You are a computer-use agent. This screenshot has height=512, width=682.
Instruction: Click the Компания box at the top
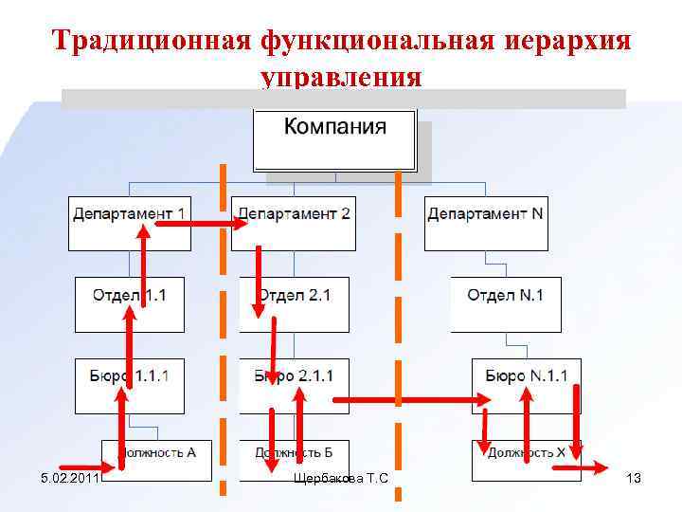[334, 139]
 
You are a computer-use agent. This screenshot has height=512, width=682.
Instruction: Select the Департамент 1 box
[130, 223]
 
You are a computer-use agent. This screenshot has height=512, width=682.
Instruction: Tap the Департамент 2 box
[294, 223]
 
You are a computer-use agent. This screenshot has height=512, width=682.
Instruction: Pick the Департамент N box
[486, 223]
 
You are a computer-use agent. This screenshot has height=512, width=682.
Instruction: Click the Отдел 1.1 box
[130, 304]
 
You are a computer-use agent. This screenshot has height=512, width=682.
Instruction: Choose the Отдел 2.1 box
[295, 304]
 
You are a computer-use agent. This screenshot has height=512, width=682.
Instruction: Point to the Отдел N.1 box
[505, 304]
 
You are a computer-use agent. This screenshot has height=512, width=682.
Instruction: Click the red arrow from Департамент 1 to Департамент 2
[199, 224]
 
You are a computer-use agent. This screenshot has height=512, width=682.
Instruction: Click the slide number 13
[634, 478]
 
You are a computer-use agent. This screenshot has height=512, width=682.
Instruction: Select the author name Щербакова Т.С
[341, 478]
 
